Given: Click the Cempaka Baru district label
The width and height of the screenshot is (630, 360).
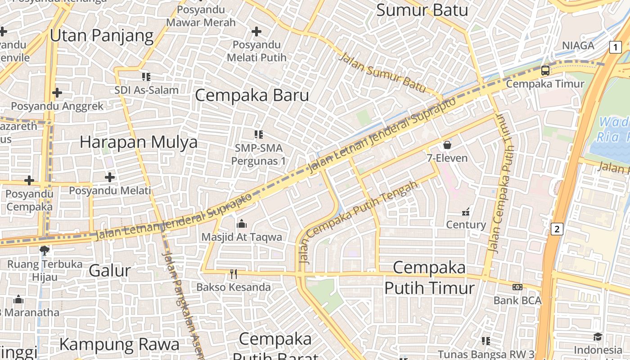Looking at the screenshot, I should (252, 95).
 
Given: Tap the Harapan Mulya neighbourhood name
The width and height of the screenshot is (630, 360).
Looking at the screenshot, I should (139, 142).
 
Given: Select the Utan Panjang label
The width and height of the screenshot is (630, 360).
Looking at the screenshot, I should (102, 36).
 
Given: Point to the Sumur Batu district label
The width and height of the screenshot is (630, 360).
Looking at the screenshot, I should (422, 10).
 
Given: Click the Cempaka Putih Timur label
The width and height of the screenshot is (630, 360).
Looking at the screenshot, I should (429, 278).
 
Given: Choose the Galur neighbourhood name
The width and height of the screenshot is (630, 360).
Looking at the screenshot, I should (110, 270).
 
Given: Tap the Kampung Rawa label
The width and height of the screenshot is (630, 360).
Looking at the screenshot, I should (119, 344).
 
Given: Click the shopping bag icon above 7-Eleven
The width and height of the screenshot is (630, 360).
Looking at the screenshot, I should (447, 145).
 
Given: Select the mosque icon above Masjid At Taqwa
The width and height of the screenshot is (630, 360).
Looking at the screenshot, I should (242, 224).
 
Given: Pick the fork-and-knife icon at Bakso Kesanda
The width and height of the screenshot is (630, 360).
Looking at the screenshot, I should (233, 274).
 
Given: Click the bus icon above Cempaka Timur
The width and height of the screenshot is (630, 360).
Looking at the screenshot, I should (545, 71).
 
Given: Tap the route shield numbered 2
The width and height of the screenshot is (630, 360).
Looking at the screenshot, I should (557, 229).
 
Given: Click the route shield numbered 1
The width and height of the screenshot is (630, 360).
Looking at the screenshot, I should (615, 47).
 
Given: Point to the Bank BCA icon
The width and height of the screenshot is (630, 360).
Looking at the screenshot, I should (517, 287).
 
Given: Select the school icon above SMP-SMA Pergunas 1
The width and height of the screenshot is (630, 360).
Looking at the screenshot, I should (258, 134).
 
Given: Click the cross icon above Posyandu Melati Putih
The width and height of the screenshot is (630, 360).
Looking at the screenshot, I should (256, 31).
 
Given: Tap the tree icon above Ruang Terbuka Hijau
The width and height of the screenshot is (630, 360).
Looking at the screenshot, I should (44, 250).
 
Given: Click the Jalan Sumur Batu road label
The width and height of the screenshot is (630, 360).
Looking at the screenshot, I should (382, 72).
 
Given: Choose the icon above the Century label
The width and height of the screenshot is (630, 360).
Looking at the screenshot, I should (466, 211).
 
